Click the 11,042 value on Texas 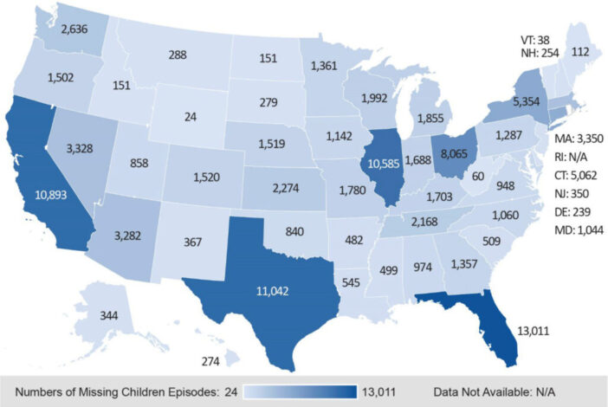pos(272,291)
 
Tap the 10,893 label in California pos(51,195)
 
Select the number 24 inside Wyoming pos(191,117)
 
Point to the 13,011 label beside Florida pos(534,331)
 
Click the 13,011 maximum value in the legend pos(378,392)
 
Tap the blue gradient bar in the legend pos(301,392)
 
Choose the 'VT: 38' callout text pos(535,40)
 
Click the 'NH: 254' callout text pos(540,53)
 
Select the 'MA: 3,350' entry pos(579,139)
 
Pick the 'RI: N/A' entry pos(571,157)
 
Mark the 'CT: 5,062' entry pos(575,175)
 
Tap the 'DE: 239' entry pos(572,212)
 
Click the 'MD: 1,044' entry pos(579,230)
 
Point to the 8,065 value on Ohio pos(454,154)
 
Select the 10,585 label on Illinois pos(383,164)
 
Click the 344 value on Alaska pos(109,315)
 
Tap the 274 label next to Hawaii pos(210,361)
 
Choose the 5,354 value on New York pos(527,101)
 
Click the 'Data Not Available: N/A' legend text pos(495,392)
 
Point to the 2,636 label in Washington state pos(74,29)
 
